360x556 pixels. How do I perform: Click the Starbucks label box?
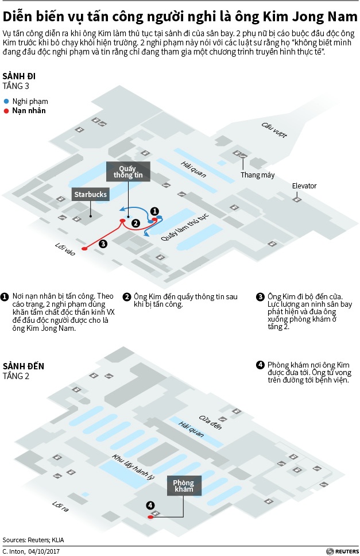click(x=90, y=195)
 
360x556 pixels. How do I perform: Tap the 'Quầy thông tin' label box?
click(x=127, y=171)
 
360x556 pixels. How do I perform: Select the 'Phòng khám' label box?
click(x=183, y=486)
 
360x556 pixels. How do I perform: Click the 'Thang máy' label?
click(x=257, y=175)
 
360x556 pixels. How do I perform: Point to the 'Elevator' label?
click(x=304, y=186)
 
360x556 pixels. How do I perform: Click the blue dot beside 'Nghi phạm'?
click(x=6, y=100)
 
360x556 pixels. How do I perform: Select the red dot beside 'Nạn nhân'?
click(x=6, y=110)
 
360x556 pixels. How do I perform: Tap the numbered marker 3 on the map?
click(x=102, y=244)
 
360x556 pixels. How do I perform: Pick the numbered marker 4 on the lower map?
click(x=150, y=505)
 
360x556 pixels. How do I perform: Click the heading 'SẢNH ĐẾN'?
click(x=23, y=366)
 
